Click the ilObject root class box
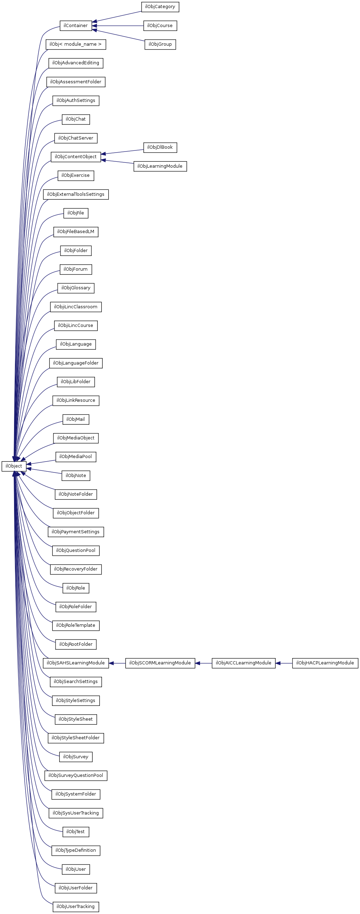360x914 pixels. [14, 466]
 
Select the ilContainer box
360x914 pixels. [76, 26]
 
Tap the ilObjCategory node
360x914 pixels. [160, 7]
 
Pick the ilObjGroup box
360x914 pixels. [160, 44]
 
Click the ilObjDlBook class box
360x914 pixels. [160, 147]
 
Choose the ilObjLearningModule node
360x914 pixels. [160, 166]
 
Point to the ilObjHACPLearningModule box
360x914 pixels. [325, 663]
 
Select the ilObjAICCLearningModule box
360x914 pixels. [243, 663]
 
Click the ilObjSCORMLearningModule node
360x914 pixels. [160, 663]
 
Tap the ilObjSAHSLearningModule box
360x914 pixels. [76, 663]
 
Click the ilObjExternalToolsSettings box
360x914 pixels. [76, 194]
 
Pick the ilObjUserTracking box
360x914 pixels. [76, 907]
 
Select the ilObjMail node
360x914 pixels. [76, 419]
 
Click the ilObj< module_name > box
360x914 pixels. [76, 44]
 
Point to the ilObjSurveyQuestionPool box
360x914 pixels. [76, 775]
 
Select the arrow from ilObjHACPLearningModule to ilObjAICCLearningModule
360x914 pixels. [284, 663]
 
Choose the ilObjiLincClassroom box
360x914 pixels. [76, 307]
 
